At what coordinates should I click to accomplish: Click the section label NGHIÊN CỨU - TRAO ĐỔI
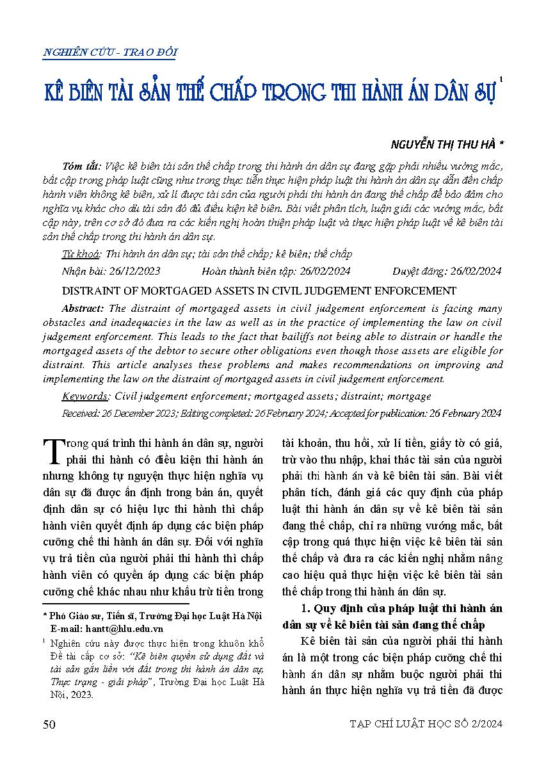pyautogui.click(x=109, y=53)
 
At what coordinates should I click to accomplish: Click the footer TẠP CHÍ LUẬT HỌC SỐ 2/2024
pyautogui.click(x=426, y=724)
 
